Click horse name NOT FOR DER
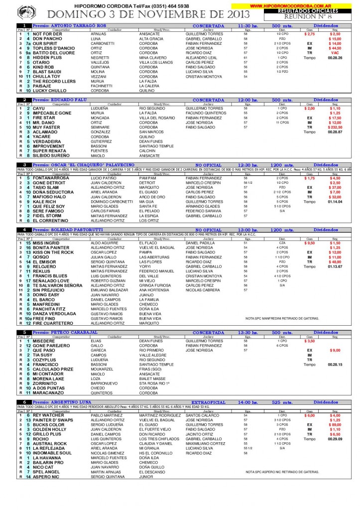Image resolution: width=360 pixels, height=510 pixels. click(x=47, y=34)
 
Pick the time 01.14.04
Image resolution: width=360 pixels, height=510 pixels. click(x=335, y=201)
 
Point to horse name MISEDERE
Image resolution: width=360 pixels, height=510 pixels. click(x=44, y=341)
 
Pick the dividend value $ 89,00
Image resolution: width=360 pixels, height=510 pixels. click(x=335, y=424)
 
